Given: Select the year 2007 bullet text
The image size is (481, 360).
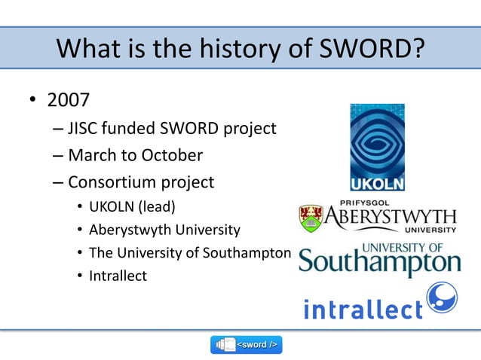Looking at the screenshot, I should [x=68, y=101].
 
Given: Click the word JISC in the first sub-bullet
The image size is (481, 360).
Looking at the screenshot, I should [x=85, y=129].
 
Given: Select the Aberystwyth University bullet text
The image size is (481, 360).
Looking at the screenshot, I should [x=164, y=230].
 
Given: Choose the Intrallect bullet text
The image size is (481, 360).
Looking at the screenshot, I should [x=118, y=276].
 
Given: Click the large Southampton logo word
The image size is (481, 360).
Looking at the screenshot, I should [x=379, y=264].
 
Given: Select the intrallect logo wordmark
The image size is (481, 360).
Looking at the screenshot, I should [x=363, y=309].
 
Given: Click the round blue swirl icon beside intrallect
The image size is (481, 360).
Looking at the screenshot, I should [x=443, y=298].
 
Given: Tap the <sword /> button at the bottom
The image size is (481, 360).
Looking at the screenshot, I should [x=247, y=345].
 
